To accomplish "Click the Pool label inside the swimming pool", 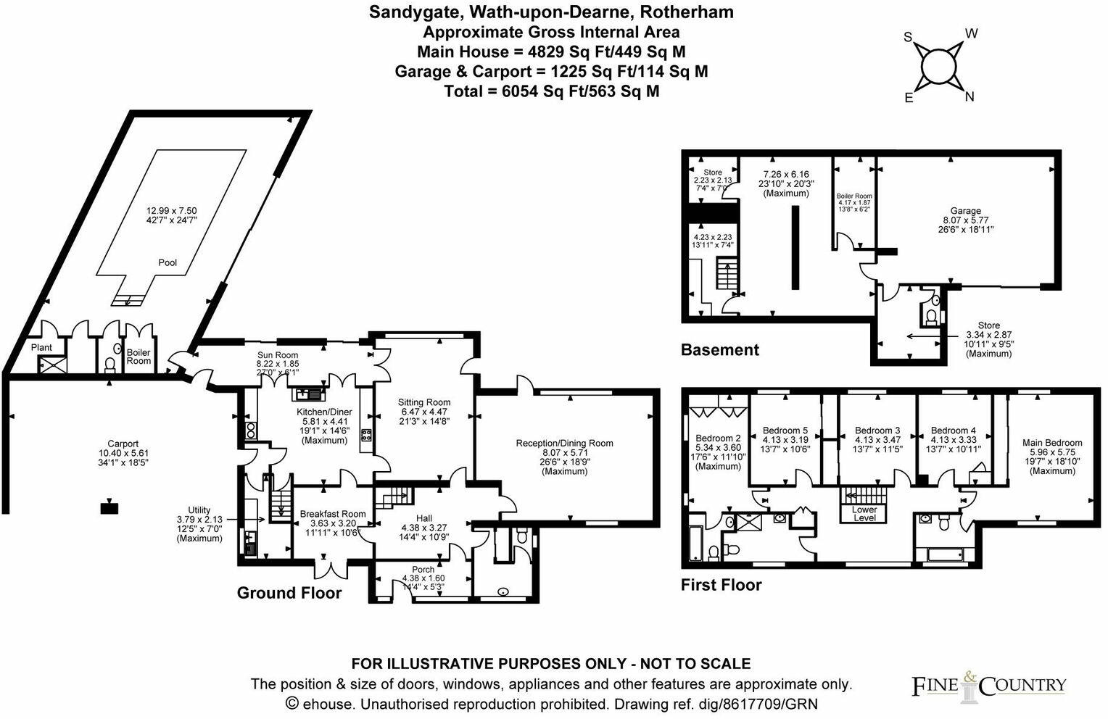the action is (x=168, y=262).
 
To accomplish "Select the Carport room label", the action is (x=123, y=444).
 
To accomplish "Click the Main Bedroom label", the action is (x=1052, y=443).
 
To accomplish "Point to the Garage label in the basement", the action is (x=965, y=211).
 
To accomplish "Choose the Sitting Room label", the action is (x=424, y=402).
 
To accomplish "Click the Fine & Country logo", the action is (x=988, y=685).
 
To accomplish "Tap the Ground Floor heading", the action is (x=289, y=593).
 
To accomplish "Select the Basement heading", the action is (x=719, y=350).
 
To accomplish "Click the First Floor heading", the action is (x=721, y=585).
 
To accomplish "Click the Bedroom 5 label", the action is (x=785, y=431).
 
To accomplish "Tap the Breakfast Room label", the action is (x=333, y=514).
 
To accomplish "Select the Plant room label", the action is (x=42, y=348).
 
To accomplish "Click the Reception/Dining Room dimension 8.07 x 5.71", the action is (x=565, y=452).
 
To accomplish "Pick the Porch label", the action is (x=423, y=570).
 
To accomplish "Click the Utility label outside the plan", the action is (x=199, y=510).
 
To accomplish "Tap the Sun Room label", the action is (x=277, y=355).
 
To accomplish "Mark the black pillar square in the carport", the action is (x=109, y=507).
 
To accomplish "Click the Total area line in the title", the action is (x=551, y=91).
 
